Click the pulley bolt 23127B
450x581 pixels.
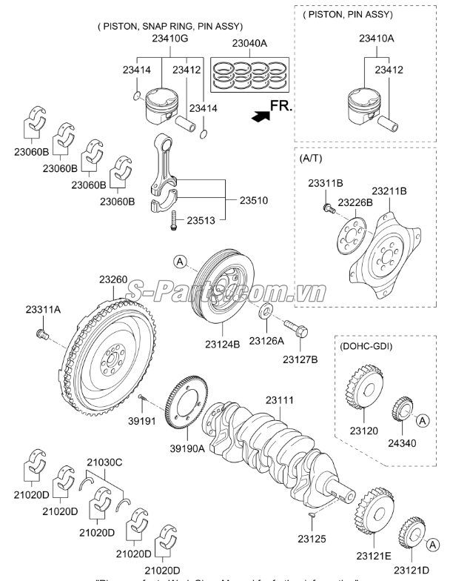296,330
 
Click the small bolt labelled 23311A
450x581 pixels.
42,336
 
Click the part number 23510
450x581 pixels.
253,200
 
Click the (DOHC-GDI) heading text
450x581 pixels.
366,346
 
